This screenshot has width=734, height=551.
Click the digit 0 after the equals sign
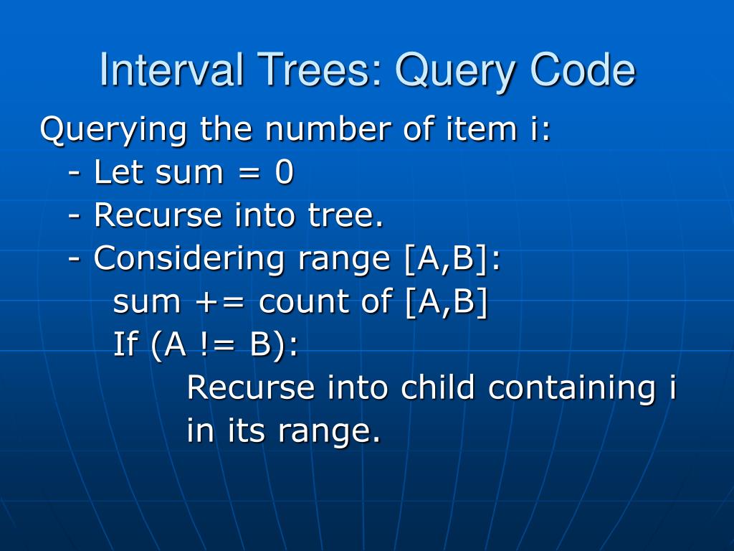tap(284, 173)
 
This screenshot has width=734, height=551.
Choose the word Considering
tap(190, 259)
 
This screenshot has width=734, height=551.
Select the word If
tap(125, 345)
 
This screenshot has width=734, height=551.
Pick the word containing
tap(570, 389)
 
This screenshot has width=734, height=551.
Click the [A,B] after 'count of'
tap(446, 302)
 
